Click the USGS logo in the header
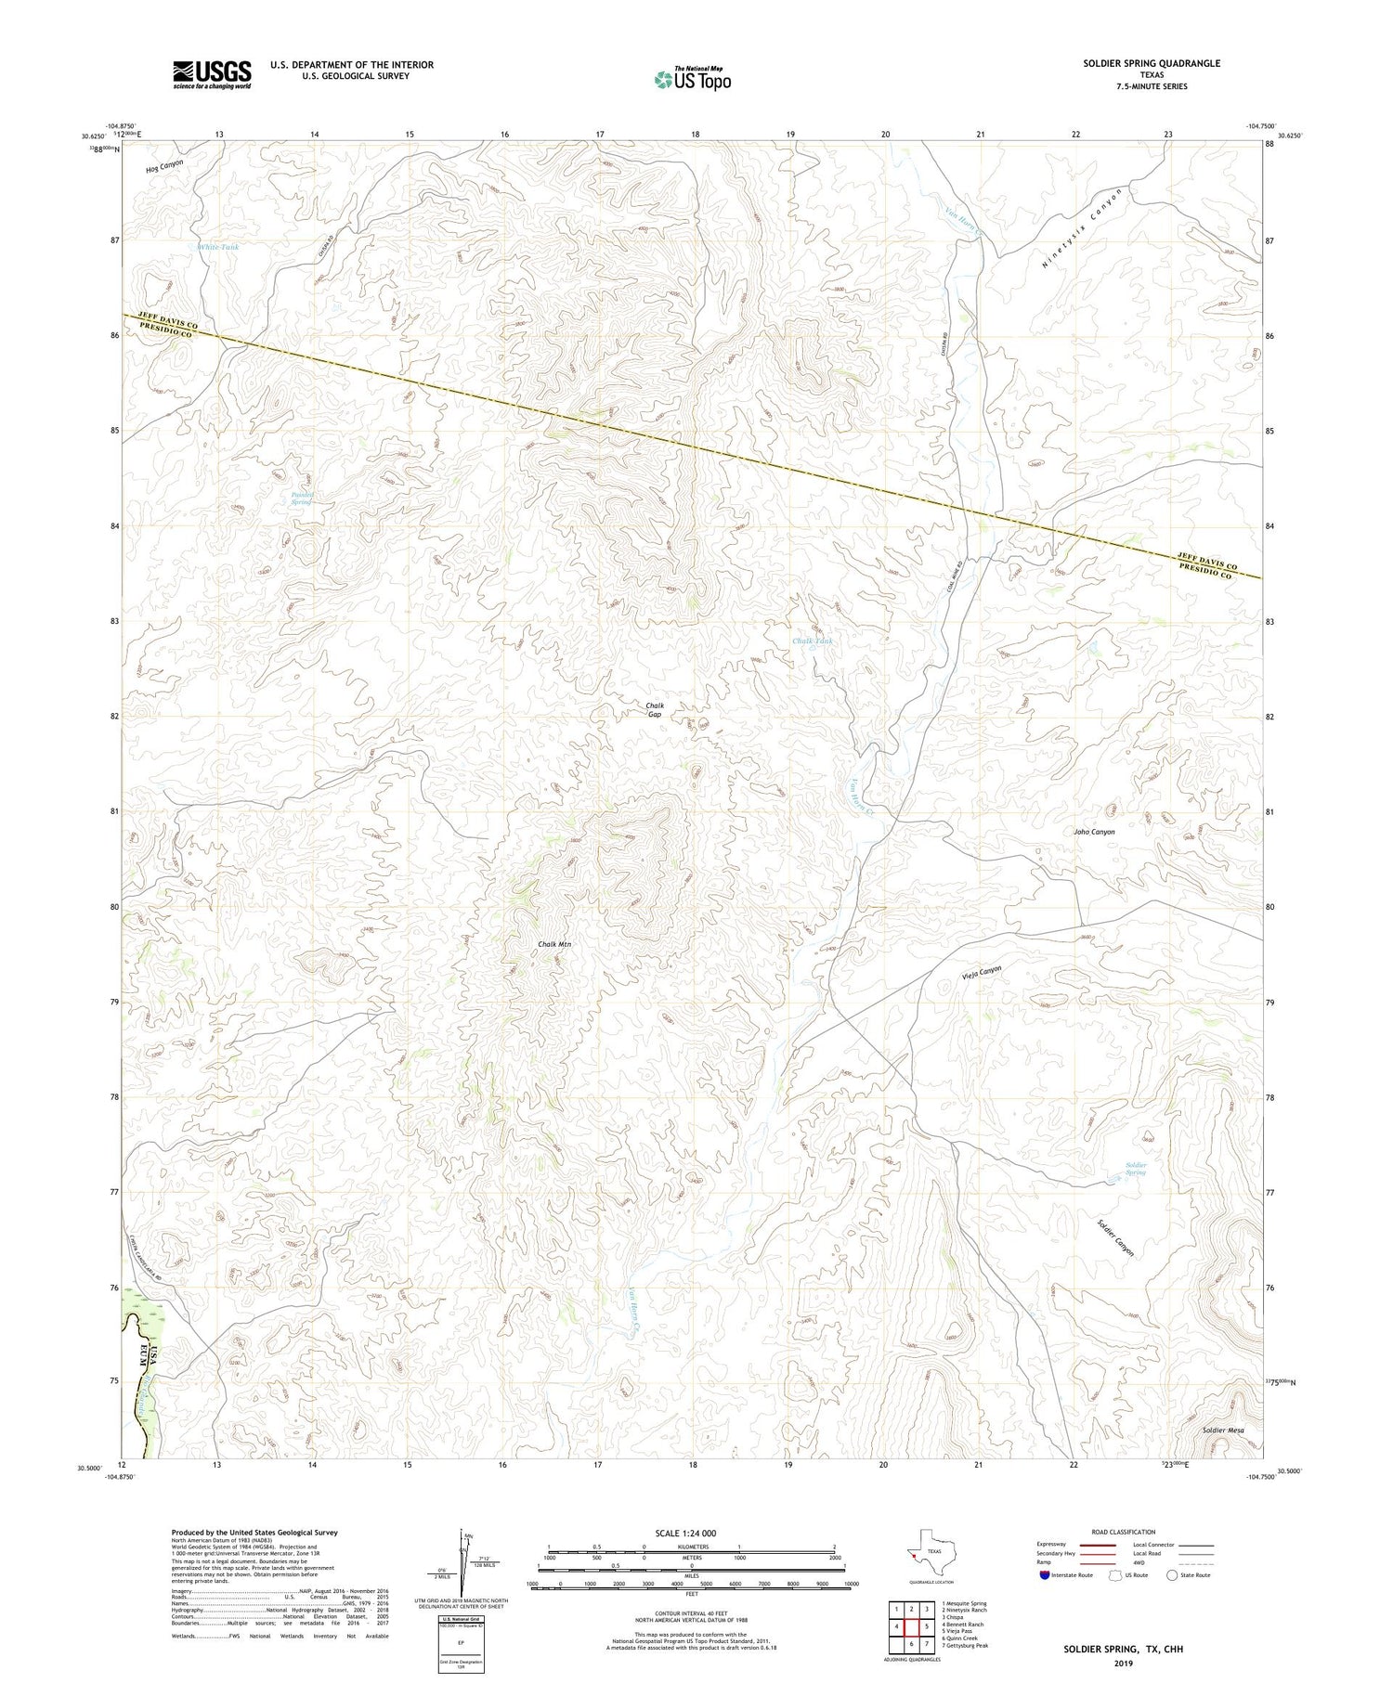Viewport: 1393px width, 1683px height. click(212, 74)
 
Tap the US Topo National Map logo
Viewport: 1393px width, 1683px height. click(692, 79)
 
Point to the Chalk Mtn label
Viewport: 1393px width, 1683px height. click(554, 944)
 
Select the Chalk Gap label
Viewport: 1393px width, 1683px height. click(655, 710)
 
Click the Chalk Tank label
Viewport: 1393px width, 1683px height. click(813, 641)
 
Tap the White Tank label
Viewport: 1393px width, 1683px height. click(217, 247)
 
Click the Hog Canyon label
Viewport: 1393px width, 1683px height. click(164, 166)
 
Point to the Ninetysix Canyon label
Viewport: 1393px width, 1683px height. click(1081, 228)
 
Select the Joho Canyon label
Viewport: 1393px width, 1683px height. click(1094, 832)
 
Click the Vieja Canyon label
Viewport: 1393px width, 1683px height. click(978, 973)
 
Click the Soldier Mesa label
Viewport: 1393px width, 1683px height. click(1222, 1431)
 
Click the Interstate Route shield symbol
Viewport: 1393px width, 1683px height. click(1045, 1575)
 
